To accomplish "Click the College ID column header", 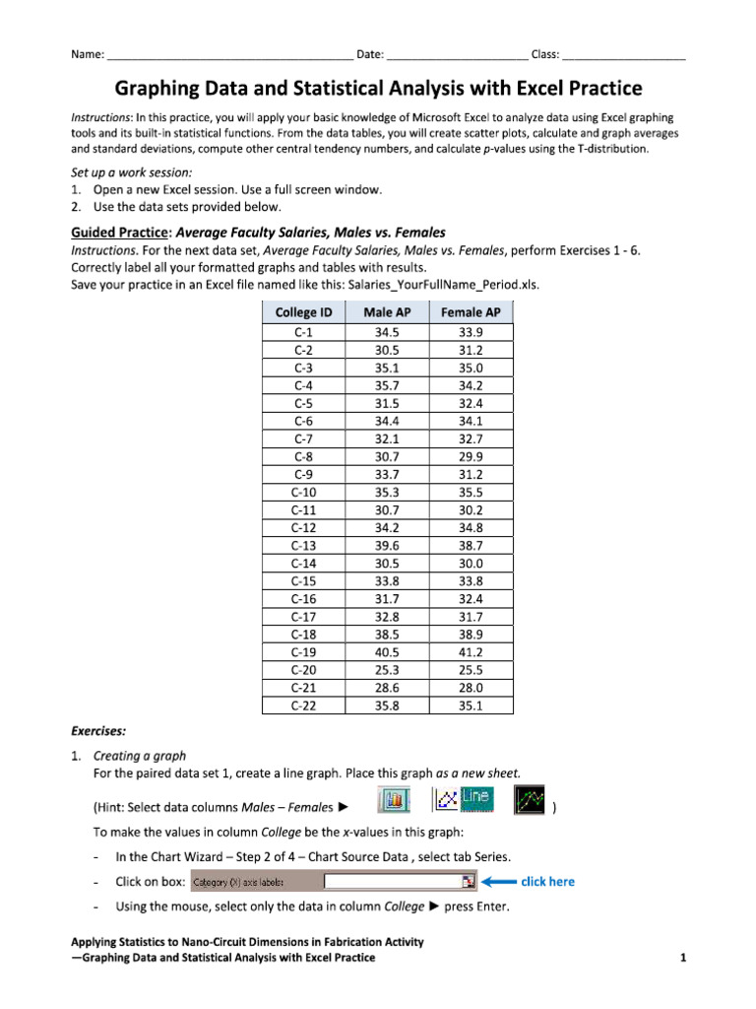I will tap(304, 312).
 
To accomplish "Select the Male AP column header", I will tap(387, 312).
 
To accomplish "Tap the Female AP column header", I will tap(471, 312).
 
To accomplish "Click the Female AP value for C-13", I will tap(471, 545).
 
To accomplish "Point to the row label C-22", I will tap(304, 706).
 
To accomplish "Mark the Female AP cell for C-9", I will tap(471, 473).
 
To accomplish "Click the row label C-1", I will tap(304, 332).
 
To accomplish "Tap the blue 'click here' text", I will tap(547, 882).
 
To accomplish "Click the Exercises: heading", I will tap(97, 732).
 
